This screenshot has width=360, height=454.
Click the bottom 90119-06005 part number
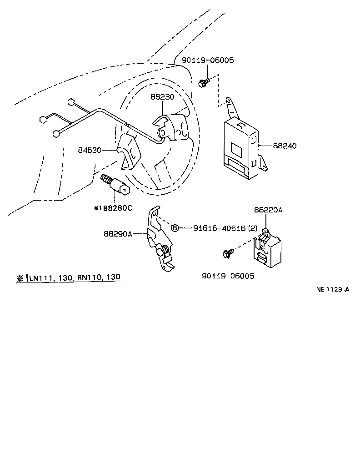(x=227, y=276)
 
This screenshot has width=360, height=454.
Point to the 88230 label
(x=163, y=97)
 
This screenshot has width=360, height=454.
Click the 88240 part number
(x=285, y=146)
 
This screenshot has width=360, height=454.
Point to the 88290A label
(x=118, y=234)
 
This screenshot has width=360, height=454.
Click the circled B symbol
(x=175, y=228)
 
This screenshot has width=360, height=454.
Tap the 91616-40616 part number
(x=213, y=228)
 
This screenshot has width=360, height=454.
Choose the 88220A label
(x=268, y=210)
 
